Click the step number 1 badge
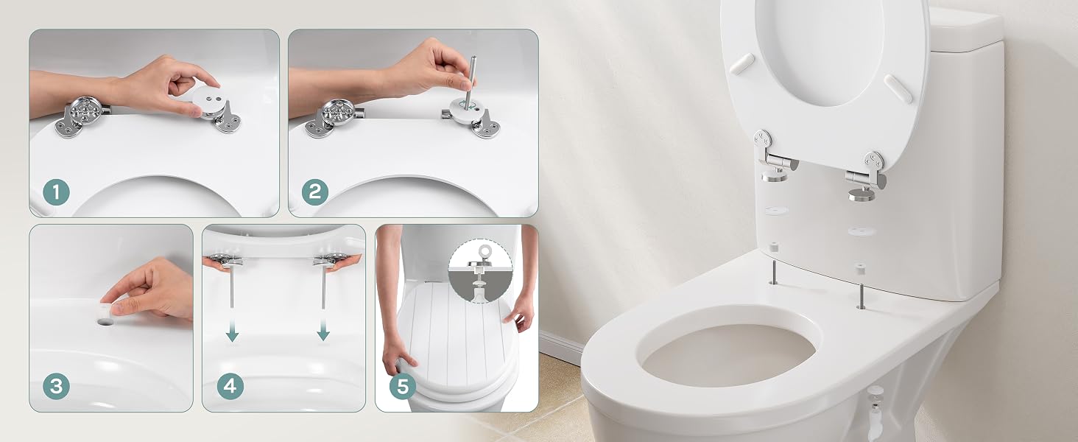56,192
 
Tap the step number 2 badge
315,192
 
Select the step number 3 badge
56,386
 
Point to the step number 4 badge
230,386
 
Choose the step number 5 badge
403,386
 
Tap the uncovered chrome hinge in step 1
82,116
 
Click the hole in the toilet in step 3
105,320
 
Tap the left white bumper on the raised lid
741,63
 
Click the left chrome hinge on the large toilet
775,156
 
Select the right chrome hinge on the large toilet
866,176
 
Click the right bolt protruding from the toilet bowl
860,297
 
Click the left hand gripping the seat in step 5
398,359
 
